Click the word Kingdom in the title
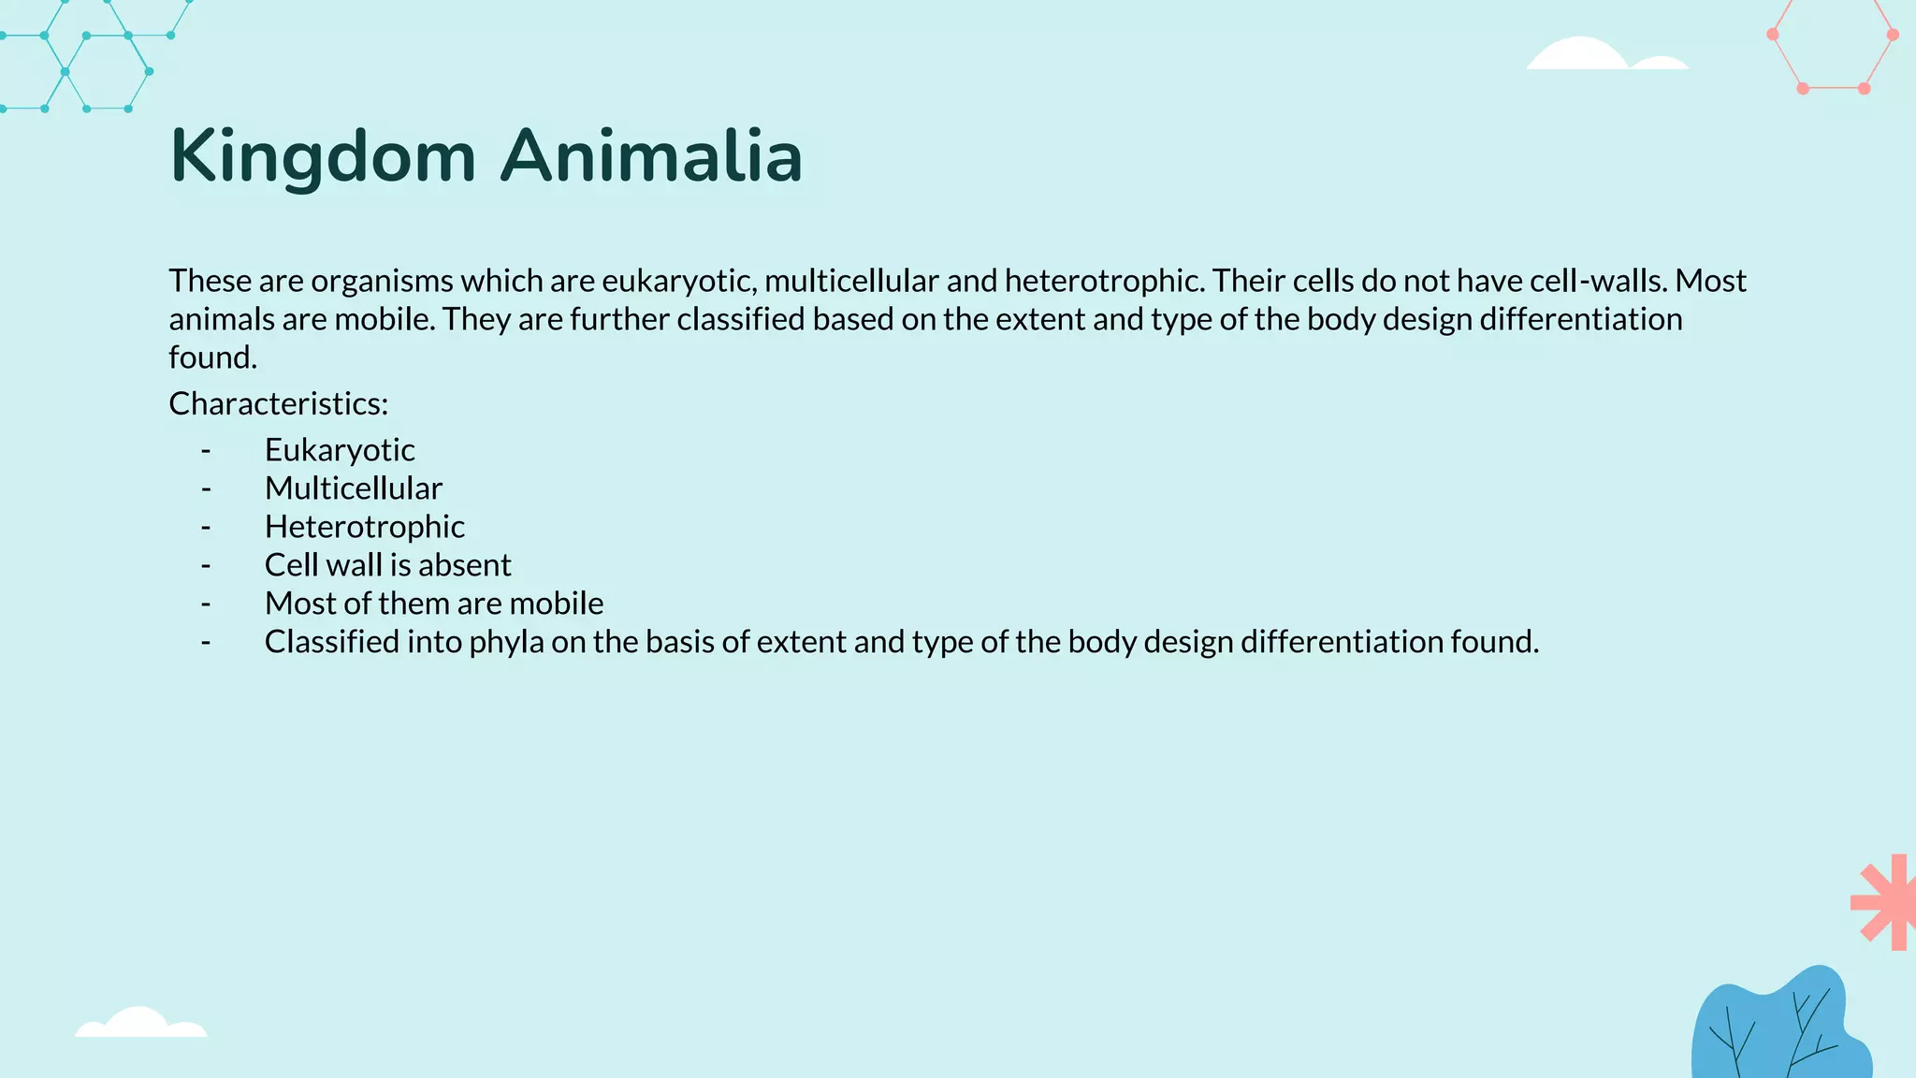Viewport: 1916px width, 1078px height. (x=323, y=157)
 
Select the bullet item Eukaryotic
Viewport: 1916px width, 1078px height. (x=340, y=450)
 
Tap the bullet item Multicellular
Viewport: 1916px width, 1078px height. (x=354, y=488)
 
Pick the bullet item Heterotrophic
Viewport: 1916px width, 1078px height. (x=365, y=527)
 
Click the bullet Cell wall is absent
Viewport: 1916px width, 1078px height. (x=387, y=565)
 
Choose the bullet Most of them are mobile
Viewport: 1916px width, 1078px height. (x=434, y=604)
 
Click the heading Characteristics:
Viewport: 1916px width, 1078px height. (x=278, y=403)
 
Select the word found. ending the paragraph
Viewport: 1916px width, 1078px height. (x=212, y=357)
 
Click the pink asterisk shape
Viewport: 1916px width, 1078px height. (x=1883, y=902)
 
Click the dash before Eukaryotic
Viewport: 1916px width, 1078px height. (x=206, y=451)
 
